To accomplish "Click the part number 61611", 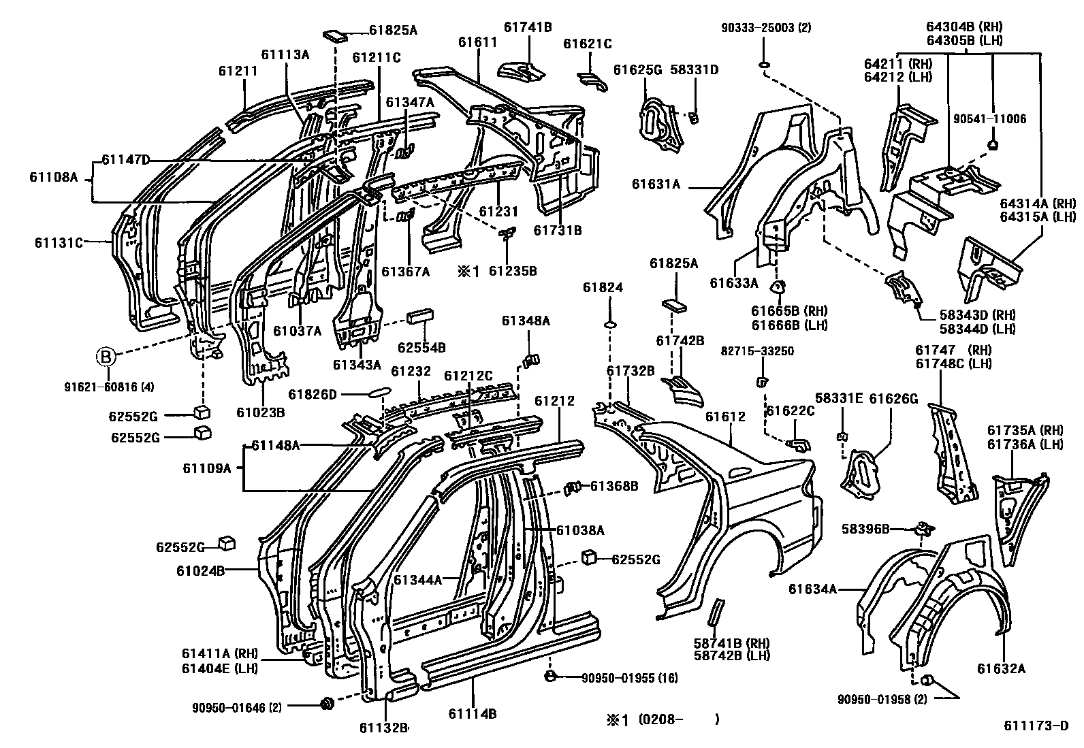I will tap(477, 42).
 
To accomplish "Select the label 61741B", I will tap(528, 27).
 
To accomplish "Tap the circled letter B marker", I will tap(106, 355).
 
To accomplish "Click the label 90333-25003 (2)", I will tap(766, 28).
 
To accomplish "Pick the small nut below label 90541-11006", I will tap(992, 144).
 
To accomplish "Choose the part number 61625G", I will tap(637, 69).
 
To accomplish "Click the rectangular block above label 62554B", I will tap(421, 319).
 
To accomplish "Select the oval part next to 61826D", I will tap(379, 393).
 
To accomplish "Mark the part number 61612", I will tap(725, 417).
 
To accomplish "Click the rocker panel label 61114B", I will tap(473, 714).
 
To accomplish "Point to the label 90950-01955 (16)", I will tap(628, 677).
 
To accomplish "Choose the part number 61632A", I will tap(1001, 668).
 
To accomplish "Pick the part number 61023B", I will tap(260, 412).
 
